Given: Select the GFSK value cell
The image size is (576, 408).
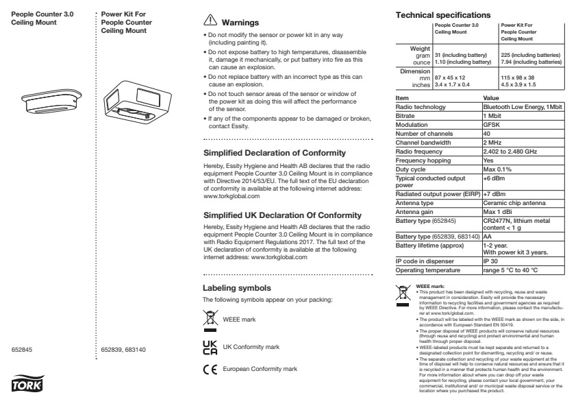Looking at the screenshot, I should (x=492, y=125).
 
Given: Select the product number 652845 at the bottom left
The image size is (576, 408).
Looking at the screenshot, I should (x=23, y=350).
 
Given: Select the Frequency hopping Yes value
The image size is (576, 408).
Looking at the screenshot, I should (x=489, y=158).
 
